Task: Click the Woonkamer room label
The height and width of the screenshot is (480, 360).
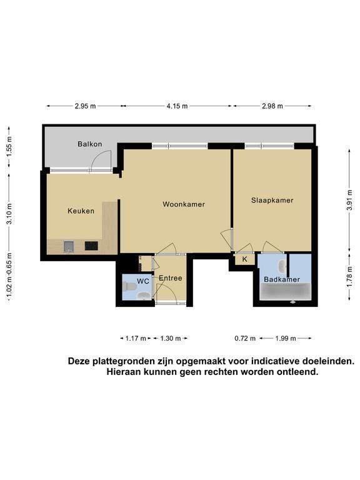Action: pyautogui.click(x=184, y=204)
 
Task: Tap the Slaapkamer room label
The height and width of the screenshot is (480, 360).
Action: pyautogui.click(x=272, y=200)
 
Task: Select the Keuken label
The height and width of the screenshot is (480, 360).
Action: pyautogui.click(x=81, y=211)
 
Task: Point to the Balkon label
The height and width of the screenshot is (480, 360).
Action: pyautogui.click(x=90, y=144)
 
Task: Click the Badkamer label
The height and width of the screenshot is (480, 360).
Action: pyautogui.click(x=282, y=279)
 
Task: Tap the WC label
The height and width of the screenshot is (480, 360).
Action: pyautogui.click(x=143, y=281)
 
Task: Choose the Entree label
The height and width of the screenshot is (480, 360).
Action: pyautogui.click(x=171, y=278)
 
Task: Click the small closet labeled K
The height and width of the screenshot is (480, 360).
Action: pyautogui.click(x=244, y=259)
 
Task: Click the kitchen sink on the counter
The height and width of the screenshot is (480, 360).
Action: pyautogui.click(x=69, y=246)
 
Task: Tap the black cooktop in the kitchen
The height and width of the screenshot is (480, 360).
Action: pyautogui.click(x=91, y=246)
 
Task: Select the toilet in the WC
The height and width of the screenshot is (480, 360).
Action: pyautogui.click(x=129, y=287)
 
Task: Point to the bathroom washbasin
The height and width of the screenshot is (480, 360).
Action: pyautogui.click(x=282, y=267)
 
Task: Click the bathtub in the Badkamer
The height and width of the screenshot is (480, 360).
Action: pyautogui.click(x=285, y=291)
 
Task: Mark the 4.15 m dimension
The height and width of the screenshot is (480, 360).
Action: pyautogui.click(x=177, y=106)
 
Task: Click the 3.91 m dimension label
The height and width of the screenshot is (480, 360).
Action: pyautogui.click(x=350, y=200)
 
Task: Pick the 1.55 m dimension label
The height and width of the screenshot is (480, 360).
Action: pyautogui.click(x=9, y=146)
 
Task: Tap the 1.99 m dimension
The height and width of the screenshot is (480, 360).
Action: pyautogui.click(x=285, y=338)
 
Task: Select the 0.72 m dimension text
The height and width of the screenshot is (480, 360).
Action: pyautogui.click(x=245, y=338)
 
